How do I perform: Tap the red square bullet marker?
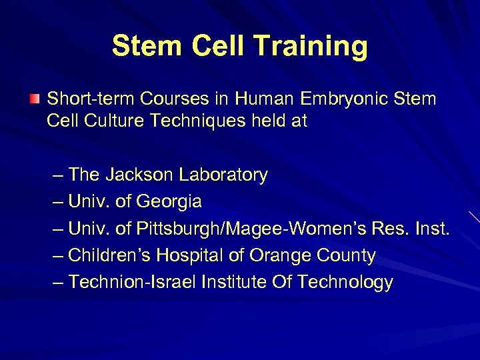[35, 99]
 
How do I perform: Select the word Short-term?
[81, 99]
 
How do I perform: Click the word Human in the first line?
[273, 99]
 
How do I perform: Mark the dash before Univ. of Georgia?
[58, 201]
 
